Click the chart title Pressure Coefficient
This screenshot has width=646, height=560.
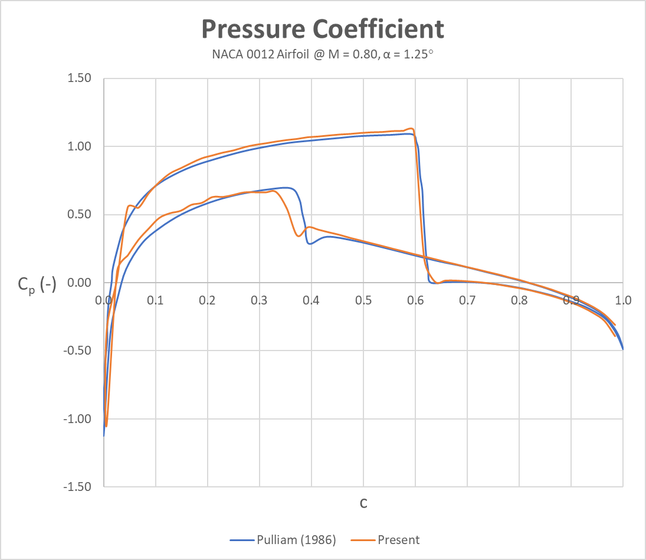click(323, 28)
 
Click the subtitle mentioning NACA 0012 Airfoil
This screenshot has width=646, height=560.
click(323, 54)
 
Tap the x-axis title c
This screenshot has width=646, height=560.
click(363, 503)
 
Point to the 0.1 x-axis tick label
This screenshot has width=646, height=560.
click(156, 300)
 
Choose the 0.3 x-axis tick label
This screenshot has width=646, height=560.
click(260, 300)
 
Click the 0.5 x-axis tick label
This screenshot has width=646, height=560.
click(363, 300)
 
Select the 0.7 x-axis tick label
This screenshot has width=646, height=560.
click(467, 300)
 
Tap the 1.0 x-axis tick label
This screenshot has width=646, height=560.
click(622, 300)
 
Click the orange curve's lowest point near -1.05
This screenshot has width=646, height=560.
click(106, 425)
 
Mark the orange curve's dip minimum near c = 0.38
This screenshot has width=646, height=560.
click(299, 236)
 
